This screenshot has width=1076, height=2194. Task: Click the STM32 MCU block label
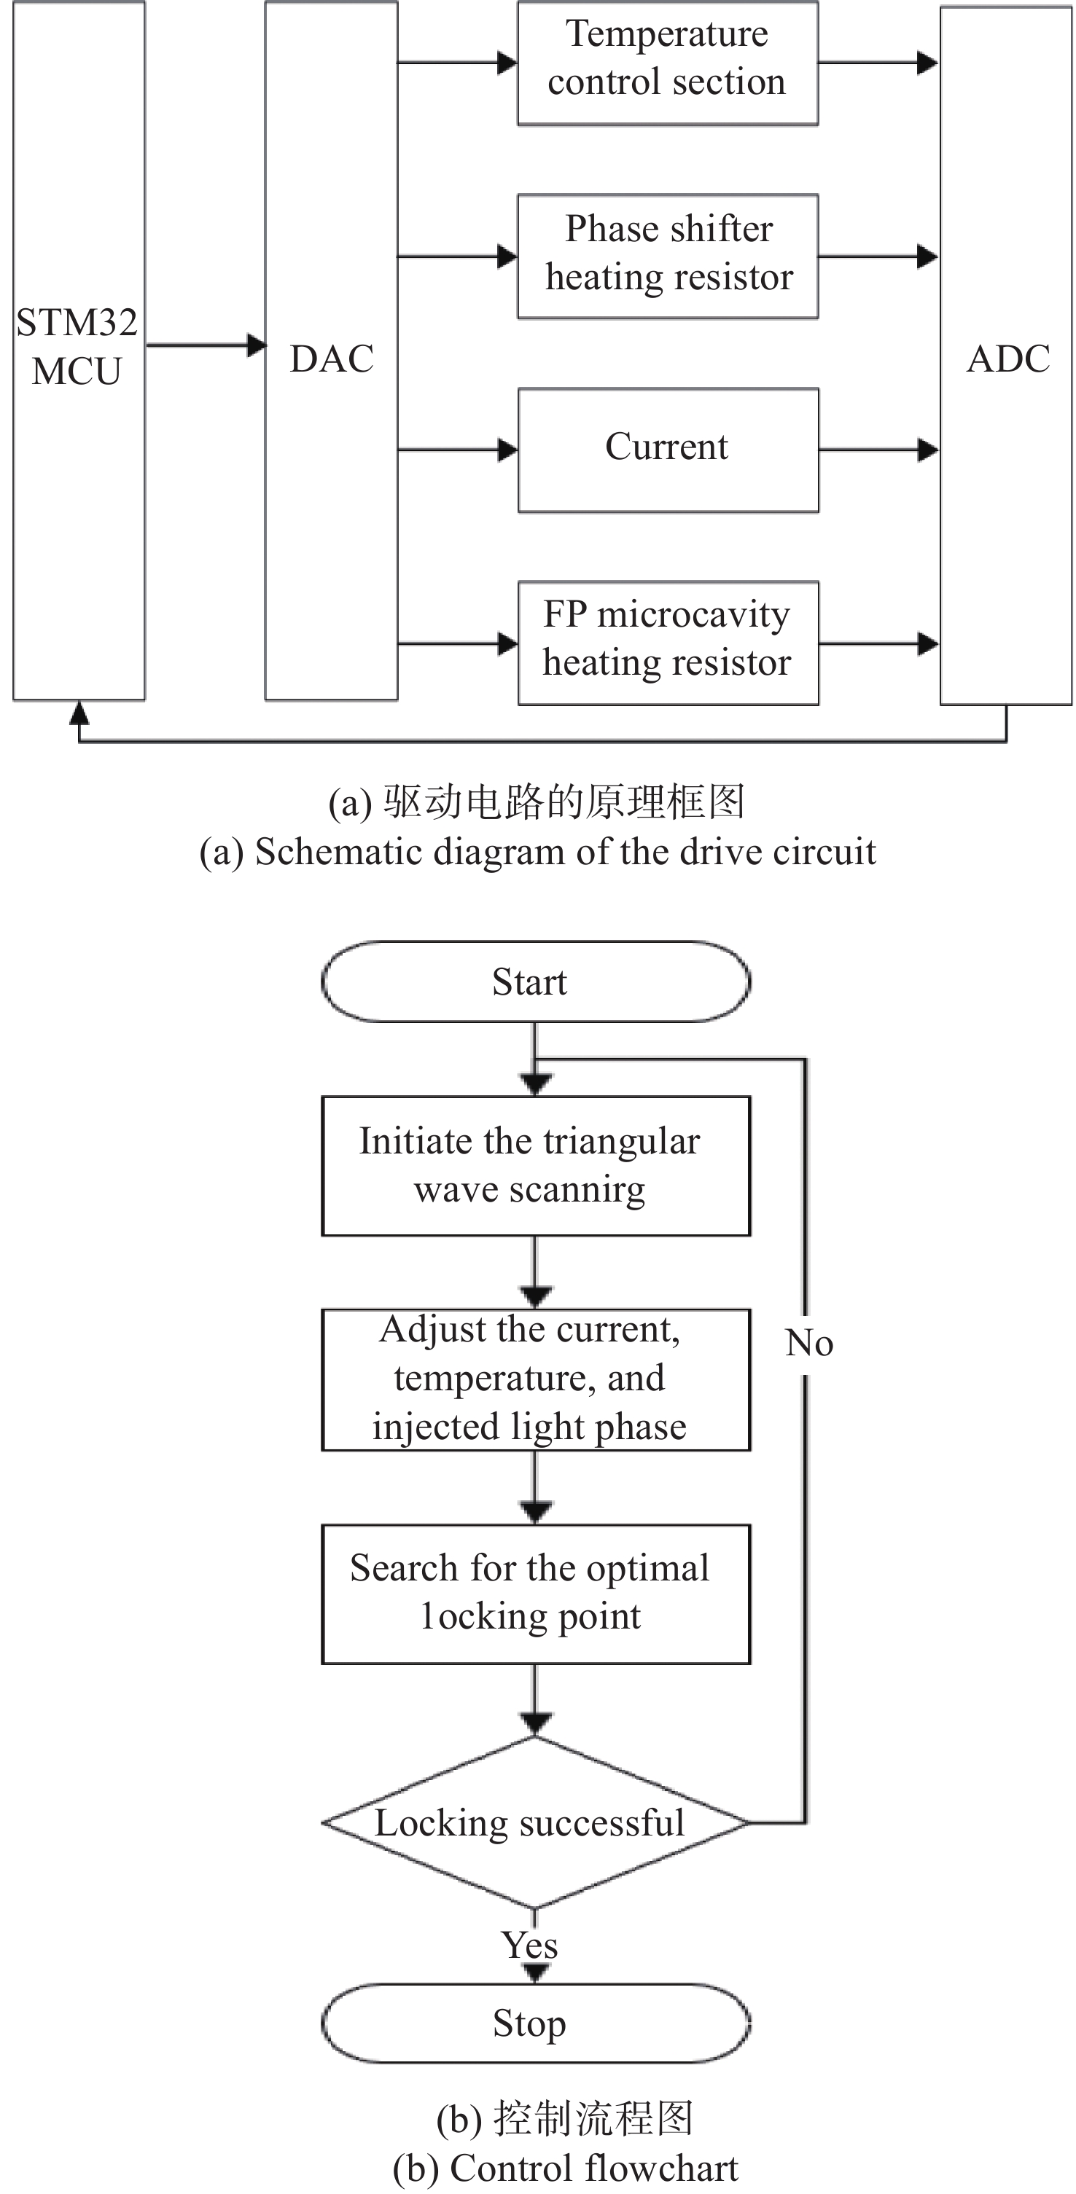[77, 347]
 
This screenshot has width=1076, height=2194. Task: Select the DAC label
[332, 359]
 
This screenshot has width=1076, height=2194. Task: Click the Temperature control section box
[667, 63]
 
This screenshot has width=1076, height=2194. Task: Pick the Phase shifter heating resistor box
[668, 256]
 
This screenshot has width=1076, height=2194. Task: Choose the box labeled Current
[668, 449]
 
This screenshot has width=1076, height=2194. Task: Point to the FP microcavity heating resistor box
[668, 643]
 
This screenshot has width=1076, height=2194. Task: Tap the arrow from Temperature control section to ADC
[878, 63]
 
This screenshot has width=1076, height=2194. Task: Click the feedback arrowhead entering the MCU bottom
[79, 712]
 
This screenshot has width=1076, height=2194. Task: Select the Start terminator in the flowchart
[535, 982]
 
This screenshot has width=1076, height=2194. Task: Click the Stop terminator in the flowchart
[535, 2023]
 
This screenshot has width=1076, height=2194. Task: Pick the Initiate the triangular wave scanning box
[535, 1165]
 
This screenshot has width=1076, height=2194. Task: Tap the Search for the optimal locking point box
[535, 1594]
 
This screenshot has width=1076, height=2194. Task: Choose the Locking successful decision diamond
[535, 1822]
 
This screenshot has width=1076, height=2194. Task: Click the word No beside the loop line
[809, 1343]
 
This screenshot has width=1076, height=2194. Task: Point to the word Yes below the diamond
[530, 1946]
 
